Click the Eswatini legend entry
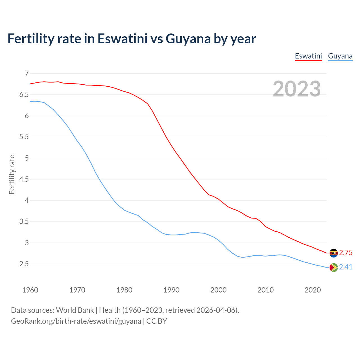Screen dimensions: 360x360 [308, 56]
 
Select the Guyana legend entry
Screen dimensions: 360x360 [340, 56]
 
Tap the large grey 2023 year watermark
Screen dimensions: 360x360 [296, 89]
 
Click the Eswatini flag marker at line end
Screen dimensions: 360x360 [334, 253]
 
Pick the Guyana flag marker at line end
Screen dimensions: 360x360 [334, 267]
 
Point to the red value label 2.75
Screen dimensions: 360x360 [346, 253]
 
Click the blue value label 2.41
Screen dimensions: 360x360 [346, 267]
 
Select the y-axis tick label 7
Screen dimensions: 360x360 [27, 74]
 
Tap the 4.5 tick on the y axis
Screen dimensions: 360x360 [24, 179]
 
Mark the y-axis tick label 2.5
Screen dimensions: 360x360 [24, 264]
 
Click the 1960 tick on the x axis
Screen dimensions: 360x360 [30, 290]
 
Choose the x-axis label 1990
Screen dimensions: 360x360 [171, 290]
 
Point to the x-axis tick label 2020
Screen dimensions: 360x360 [312, 290]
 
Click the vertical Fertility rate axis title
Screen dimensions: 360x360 [12, 174]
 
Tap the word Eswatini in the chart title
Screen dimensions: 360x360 [122, 39]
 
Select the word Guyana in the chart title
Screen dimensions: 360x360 [188, 39]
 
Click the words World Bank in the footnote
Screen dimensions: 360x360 [75, 310]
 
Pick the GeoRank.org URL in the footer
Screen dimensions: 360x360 [76, 321]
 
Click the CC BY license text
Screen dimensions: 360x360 [157, 321]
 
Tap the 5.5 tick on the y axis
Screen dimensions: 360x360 [24, 137]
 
